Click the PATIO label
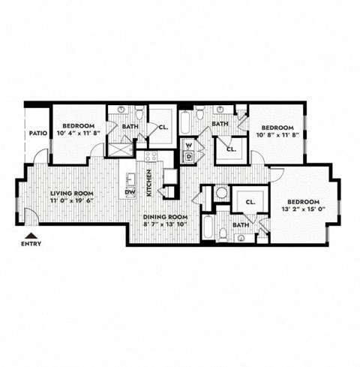[x=39, y=133]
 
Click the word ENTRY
[x=31, y=243]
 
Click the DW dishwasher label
[x=130, y=191]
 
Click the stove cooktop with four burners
[x=151, y=158]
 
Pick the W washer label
[x=189, y=144]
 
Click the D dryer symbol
[x=189, y=156]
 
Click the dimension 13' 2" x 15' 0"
[x=304, y=210]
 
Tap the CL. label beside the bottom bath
[x=250, y=201]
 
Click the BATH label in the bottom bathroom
[x=240, y=224]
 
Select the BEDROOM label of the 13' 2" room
[x=304, y=202]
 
